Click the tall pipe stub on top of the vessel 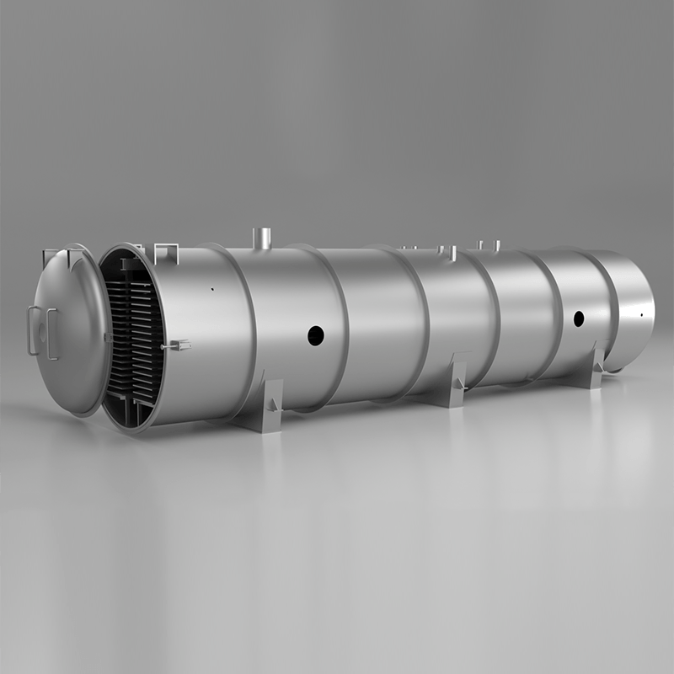pyautogui.click(x=261, y=237)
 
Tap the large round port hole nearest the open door pyautogui.click(x=315, y=335)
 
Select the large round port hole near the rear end pyautogui.click(x=579, y=318)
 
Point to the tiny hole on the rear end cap pyautogui.click(x=641, y=315)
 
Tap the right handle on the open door pyautogui.click(x=51, y=334)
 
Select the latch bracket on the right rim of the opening pyautogui.click(x=178, y=345)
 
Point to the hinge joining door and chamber pyautogui.click(x=104, y=337)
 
